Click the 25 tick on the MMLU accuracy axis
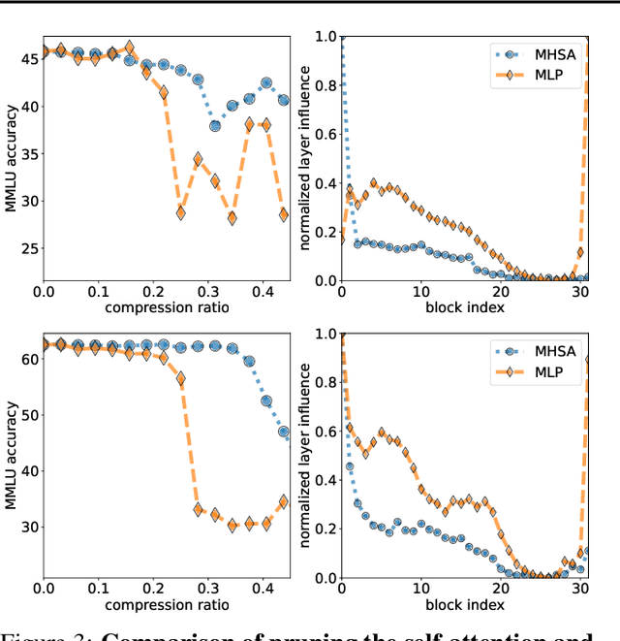click(30, 249)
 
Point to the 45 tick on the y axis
click(30, 59)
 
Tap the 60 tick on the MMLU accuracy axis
click(30, 359)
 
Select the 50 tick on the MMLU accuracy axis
click(30, 415)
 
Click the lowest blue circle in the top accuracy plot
click(215, 126)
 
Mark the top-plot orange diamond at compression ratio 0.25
click(180, 212)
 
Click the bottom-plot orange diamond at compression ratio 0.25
click(180, 379)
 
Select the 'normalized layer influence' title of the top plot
click(307, 160)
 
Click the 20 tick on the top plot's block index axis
click(501, 291)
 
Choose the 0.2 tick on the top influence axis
click(325, 231)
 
